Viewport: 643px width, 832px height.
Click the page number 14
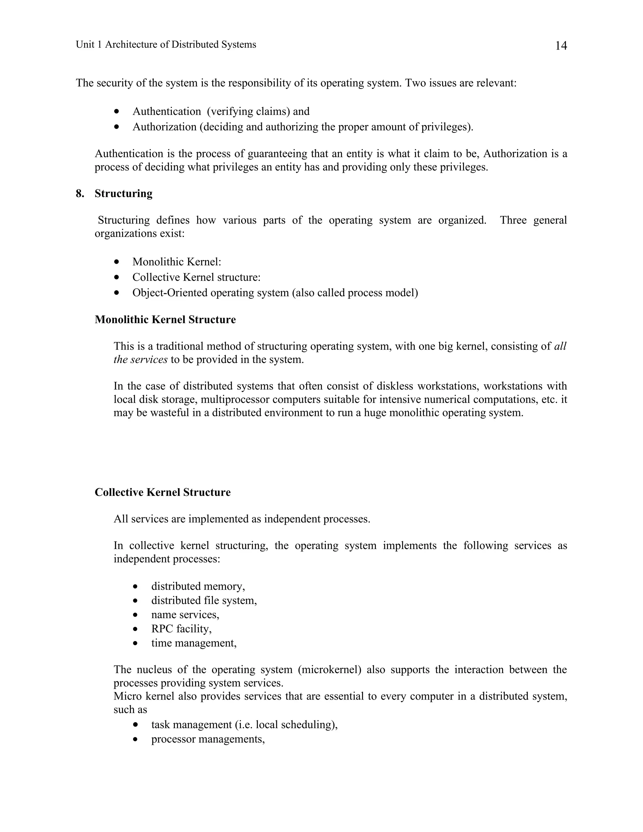point(561,46)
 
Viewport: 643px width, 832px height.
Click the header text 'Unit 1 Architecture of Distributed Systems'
point(166,45)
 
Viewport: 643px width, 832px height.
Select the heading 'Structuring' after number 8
point(123,193)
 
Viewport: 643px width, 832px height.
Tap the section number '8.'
point(80,193)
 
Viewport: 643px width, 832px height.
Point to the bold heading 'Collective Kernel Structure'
point(162,492)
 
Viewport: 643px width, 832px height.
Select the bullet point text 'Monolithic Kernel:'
point(177,262)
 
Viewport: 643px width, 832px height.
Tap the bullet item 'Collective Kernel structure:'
point(196,277)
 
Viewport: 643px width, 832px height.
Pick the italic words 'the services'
point(140,359)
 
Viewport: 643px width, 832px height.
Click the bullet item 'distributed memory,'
point(198,586)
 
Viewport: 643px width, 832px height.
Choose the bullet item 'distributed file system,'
point(204,600)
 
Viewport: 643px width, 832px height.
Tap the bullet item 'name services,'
point(185,614)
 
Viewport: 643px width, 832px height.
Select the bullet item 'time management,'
point(193,643)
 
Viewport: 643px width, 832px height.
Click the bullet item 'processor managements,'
point(208,739)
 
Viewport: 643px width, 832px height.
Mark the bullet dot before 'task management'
point(135,725)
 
